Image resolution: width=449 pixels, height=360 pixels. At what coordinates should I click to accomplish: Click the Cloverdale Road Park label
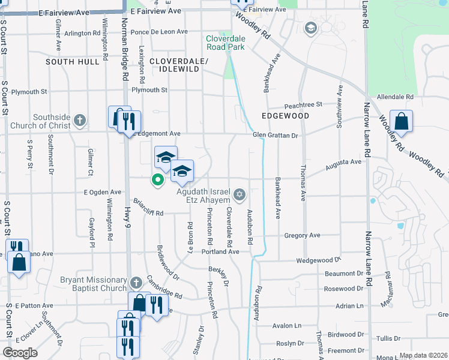[225, 42]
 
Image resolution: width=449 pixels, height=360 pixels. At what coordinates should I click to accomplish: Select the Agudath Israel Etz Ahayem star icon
[240, 193]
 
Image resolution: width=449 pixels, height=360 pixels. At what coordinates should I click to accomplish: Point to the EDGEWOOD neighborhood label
[285, 115]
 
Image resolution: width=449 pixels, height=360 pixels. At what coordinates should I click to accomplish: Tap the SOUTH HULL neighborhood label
[72, 62]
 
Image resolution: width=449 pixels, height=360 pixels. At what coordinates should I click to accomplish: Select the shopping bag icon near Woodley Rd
[401, 121]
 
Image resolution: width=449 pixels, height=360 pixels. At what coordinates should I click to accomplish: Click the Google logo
[20, 353]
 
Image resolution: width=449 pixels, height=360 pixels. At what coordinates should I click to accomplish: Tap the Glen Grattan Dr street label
[275, 136]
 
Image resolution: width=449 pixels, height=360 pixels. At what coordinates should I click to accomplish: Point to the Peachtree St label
[303, 104]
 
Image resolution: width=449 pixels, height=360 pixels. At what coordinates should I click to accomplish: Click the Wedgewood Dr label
[318, 260]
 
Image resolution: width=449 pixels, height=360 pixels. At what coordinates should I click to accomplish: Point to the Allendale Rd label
[395, 97]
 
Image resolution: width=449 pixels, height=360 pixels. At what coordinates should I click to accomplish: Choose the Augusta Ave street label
[343, 162]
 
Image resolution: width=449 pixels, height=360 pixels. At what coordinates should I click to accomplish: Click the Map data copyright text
[424, 355]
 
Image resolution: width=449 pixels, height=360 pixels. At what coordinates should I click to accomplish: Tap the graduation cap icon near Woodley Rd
[311, 28]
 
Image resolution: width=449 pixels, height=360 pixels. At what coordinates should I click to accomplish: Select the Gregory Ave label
[303, 236]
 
